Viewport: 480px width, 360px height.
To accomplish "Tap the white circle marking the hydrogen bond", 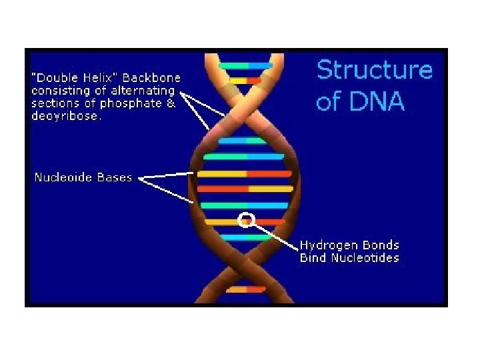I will [x=246, y=219].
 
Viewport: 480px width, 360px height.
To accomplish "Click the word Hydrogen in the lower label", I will [x=326, y=245].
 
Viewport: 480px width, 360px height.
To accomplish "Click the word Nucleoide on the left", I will [x=63, y=177].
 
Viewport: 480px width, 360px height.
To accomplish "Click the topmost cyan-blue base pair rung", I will [x=246, y=65].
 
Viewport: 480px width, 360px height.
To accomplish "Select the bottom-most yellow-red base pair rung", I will [x=246, y=289].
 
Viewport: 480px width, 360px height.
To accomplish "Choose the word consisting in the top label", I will [x=54, y=90].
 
